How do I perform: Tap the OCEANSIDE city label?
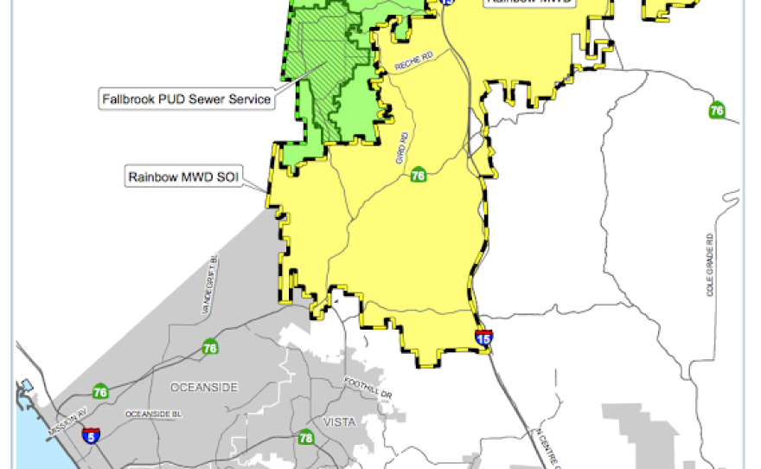click(x=204, y=387)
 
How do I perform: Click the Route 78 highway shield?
click(x=304, y=439)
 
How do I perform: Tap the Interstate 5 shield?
click(x=93, y=434)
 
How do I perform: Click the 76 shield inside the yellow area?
click(x=419, y=175)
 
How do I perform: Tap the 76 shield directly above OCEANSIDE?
click(x=210, y=349)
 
